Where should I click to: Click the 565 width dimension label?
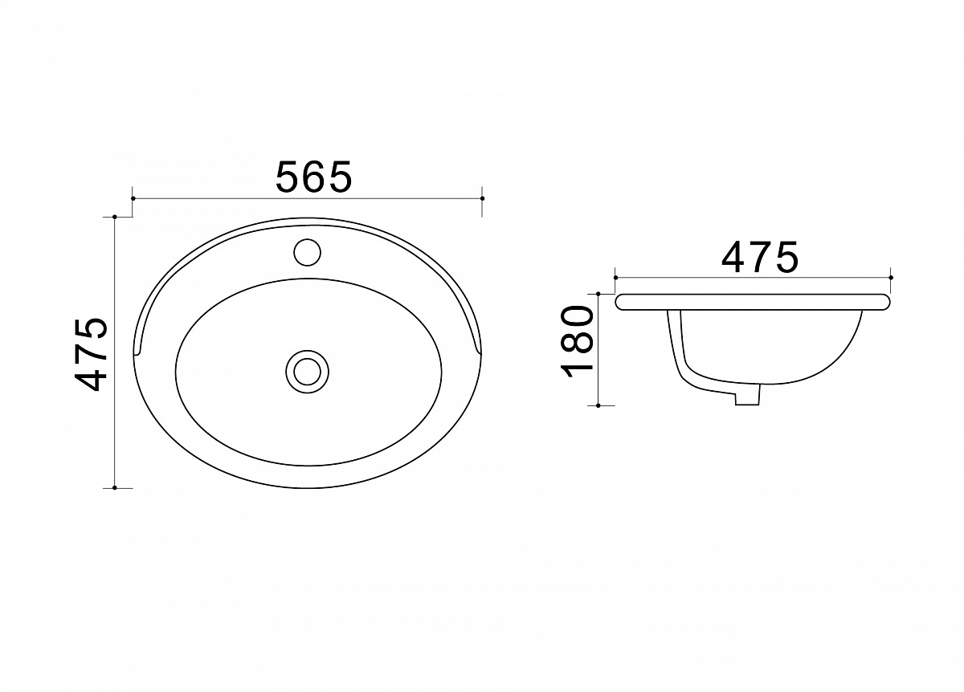tap(314, 177)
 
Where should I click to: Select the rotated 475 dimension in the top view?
tap(91, 354)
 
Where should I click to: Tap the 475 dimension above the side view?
tap(760, 257)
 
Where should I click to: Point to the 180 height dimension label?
tap(577, 341)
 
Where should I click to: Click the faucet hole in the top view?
tap(307, 252)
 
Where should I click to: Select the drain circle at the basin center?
tap(307, 372)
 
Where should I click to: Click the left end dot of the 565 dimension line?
tap(133, 198)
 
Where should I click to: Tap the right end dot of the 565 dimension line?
tap(483, 198)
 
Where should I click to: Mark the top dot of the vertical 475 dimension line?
tap(115, 217)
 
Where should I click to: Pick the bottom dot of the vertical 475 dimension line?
tap(115, 488)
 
